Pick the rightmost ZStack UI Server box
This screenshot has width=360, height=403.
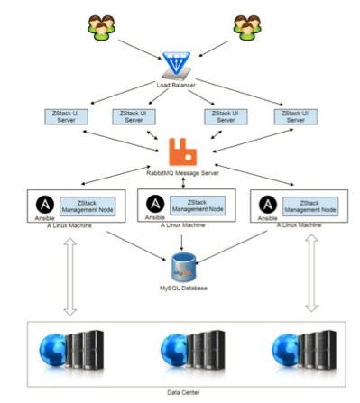291,115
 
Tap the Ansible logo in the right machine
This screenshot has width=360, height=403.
267,203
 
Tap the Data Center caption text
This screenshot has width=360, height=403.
180,393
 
